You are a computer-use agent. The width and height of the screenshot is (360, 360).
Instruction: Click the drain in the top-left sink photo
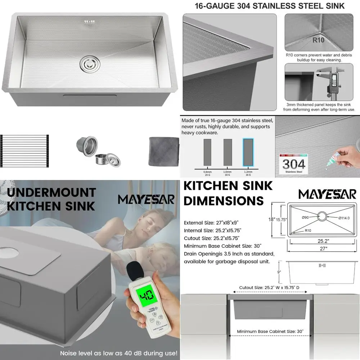tap(87, 63)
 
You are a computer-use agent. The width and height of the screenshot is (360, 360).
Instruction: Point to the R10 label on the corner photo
tap(318, 40)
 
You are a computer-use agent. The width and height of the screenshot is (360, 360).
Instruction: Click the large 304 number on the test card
tap(293, 164)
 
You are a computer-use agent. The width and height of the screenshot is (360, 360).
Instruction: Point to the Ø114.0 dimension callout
tap(344, 218)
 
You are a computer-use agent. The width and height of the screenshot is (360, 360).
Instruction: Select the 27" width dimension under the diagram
tap(322, 248)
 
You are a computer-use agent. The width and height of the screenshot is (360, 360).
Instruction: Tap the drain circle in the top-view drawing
tap(321, 217)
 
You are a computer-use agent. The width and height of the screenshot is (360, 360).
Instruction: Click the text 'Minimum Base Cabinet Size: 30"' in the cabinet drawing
tap(270, 331)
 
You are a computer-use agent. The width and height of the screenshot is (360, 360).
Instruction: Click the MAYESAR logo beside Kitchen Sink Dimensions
tap(326, 194)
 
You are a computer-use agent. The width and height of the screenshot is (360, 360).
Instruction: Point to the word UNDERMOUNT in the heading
tap(51, 192)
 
